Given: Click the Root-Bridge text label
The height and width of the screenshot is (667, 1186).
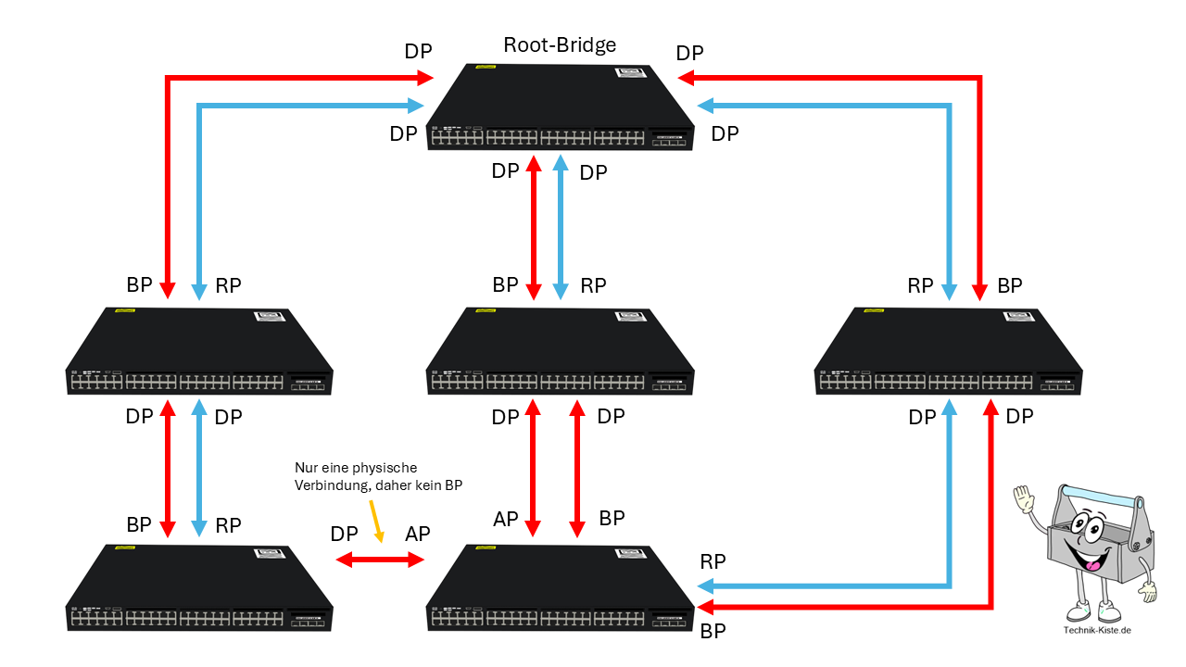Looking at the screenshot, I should pyautogui.click(x=560, y=44).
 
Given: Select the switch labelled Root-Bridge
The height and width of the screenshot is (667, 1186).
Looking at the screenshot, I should pyautogui.click(x=561, y=109).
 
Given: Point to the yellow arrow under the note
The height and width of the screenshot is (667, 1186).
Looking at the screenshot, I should pyautogui.click(x=375, y=522).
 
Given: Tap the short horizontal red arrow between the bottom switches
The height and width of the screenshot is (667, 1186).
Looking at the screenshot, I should pyautogui.click(x=379, y=560).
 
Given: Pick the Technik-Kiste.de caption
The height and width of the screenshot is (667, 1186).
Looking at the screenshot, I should pyautogui.click(x=1097, y=631).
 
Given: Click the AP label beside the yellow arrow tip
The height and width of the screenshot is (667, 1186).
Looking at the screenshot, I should pyautogui.click(x=418, y=535).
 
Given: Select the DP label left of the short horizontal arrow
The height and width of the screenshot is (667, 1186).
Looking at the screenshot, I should pyautogui.click(x=344, y=535).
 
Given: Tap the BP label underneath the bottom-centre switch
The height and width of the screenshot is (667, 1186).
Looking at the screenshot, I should pyautogui.click(x=713, y=633).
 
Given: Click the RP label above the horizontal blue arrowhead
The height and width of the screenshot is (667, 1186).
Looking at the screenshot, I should pyautogui.click(x=713, y=561).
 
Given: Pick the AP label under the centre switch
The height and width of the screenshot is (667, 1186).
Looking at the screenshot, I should pyautogui.click(x=505, y=520).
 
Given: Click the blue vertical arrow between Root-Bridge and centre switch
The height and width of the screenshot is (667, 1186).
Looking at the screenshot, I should pyautogui.click(x=560, y=227).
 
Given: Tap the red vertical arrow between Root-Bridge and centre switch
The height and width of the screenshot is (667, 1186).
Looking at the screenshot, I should pyautogui.click(x=534, y=227).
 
